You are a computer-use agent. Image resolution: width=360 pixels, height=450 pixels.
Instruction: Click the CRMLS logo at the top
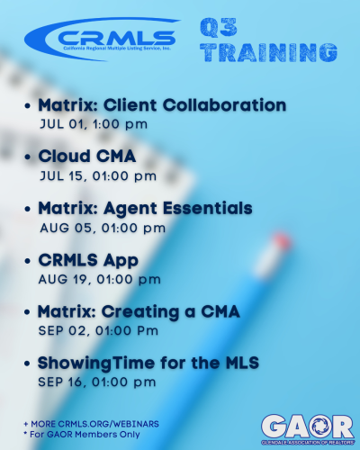pos(102,39)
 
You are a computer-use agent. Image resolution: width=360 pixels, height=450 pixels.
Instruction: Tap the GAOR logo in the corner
pos(308,429)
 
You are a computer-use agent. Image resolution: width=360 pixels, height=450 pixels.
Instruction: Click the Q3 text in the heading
pos(219,27)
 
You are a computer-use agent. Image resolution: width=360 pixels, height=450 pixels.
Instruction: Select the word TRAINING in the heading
pos(269,52)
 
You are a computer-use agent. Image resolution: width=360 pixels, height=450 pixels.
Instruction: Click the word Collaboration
pos(225,105)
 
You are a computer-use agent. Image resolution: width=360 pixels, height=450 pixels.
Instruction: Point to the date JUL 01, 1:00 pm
pos(94,124)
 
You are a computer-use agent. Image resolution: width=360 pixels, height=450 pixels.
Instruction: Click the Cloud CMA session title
pos(87,156)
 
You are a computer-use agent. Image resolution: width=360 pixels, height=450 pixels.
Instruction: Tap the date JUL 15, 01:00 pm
pos(98,176)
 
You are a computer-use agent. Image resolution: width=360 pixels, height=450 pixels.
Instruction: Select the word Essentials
pos(208,208)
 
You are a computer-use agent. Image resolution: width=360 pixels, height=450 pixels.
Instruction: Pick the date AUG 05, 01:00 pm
pos(103,228)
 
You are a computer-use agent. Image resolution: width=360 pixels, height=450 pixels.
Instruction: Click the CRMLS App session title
pos(88,260)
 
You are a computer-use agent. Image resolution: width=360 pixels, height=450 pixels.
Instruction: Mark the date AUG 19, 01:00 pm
pos(100,280)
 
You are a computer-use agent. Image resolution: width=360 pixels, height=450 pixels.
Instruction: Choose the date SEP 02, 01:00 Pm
pos(98,331)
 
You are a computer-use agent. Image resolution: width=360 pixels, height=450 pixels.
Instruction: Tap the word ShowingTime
pos(95,364)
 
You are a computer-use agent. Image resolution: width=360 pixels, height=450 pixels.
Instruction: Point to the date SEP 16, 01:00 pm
pos(97,382)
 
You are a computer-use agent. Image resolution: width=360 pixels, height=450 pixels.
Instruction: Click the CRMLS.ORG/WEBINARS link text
pos(109,424)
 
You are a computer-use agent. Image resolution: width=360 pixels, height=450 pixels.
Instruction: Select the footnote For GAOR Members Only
pos(85,435)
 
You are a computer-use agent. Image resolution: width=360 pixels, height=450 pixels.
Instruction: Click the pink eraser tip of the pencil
pos(282,240)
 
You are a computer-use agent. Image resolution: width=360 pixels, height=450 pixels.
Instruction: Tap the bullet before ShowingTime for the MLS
pos(27,364)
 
